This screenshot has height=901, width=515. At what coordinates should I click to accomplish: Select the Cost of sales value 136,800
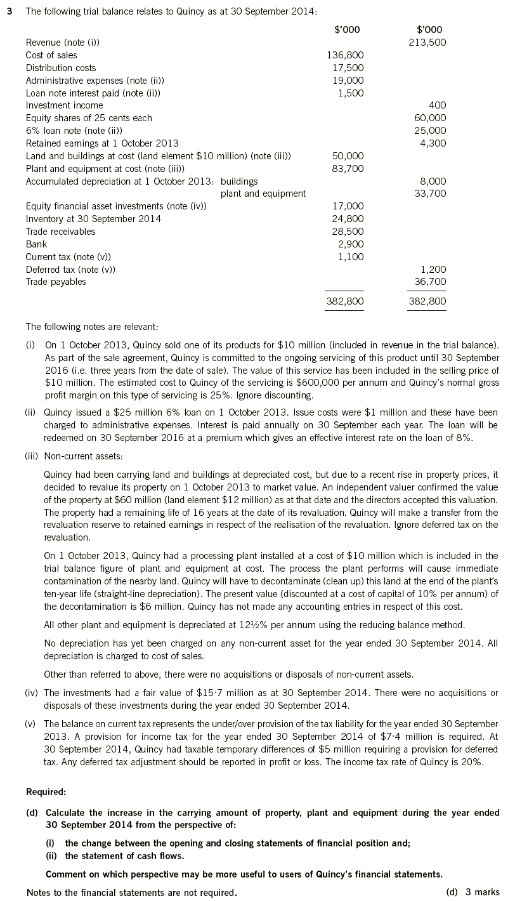pos(345,55)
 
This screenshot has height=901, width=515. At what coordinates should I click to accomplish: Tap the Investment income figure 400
pos(438,105)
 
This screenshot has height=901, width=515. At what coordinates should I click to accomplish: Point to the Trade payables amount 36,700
pos(430,282)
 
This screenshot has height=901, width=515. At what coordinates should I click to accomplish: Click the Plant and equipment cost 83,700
pos(348,168)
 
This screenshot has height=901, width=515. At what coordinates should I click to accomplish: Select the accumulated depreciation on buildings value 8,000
pos(433,181)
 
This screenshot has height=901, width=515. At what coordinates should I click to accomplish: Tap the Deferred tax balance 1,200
pos(433,270)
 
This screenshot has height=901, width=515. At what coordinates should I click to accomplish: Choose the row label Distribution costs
pos(61,68)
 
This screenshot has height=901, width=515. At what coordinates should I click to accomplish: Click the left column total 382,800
pos(345,301)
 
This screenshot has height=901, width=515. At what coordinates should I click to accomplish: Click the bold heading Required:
pos(46,792)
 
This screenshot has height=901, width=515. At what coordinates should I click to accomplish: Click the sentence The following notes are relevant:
pos(92,327)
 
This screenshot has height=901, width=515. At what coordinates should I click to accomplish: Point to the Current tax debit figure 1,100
pos(351,257)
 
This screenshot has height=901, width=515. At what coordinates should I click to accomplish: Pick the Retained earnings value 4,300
pos(433,143)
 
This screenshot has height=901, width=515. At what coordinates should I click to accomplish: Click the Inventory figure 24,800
pos(348,219)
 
